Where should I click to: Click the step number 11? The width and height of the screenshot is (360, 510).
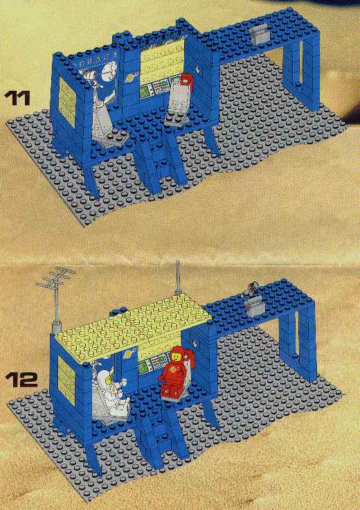tap(17, 98)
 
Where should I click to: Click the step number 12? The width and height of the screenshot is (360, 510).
tap(21, 379)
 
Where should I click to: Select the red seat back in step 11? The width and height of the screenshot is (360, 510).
tap(186, 81)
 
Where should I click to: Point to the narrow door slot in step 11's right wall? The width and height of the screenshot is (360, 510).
tap(301, 62)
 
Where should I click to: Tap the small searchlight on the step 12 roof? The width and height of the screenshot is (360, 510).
tap(253, 287)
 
